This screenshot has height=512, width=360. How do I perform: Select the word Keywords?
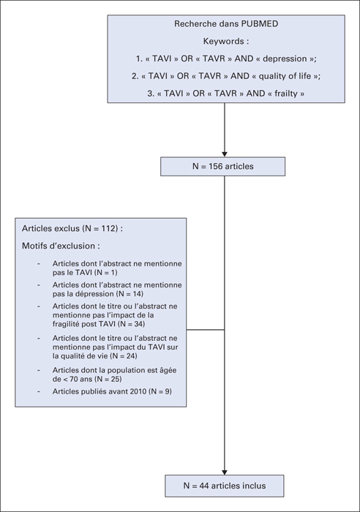pyautogui.click(x=223, y=41)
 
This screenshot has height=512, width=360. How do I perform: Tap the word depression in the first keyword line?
pyautogui.click(x=285, y=59)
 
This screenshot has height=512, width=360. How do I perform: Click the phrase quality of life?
pyautogui.click(x=285, y=76)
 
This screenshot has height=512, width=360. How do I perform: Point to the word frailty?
pyautogui.click(x=286, y=94)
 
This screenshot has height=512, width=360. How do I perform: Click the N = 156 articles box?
pyautogui.click(x=222, y=167)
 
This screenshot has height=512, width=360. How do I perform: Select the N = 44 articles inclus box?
pyautogui.click(x=225, y=486)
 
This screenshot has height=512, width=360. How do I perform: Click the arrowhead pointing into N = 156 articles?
pyautogui.click(x=225, y=154)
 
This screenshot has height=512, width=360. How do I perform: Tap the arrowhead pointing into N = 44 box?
pyautogui.click(x=225, y=473)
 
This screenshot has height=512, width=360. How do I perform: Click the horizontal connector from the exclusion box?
pyautogui.click(x=206, y=330)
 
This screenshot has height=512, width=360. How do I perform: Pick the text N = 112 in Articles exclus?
pyautogui.click(x=101, y=228)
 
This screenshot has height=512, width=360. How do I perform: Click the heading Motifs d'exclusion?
pyautogui.click(x=61, y=246)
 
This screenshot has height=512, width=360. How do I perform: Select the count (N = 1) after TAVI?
pyautogui.click(x=105, y=272)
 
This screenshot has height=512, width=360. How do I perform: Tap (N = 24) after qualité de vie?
pyautogui.click(x=123, y=356)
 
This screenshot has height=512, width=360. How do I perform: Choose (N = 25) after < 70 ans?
pyautogui.click(x=108, y=379)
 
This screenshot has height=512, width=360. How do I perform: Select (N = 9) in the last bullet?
pyautogui.click(x=160, y=391)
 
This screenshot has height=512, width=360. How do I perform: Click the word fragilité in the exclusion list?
pyautogui.click(x=66, y=324)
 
